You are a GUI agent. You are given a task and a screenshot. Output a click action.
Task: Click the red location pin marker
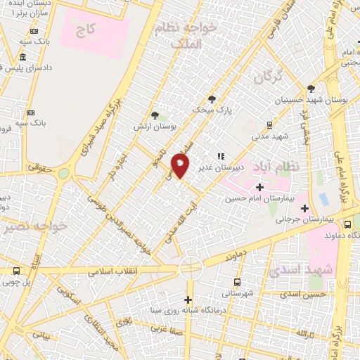180,166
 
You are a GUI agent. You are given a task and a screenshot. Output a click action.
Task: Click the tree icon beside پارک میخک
212,99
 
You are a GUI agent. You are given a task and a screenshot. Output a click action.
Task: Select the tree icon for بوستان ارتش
155,115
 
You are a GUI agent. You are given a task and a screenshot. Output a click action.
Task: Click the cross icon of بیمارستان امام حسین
260,187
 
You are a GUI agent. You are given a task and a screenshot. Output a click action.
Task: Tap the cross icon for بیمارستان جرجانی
304,207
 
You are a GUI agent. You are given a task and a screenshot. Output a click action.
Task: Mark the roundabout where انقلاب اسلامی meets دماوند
190,267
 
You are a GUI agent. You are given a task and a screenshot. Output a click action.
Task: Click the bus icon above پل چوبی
17,271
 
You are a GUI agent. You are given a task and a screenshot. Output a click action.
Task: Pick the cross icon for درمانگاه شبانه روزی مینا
188,300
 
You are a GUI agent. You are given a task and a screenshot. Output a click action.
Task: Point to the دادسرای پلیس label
32,67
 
